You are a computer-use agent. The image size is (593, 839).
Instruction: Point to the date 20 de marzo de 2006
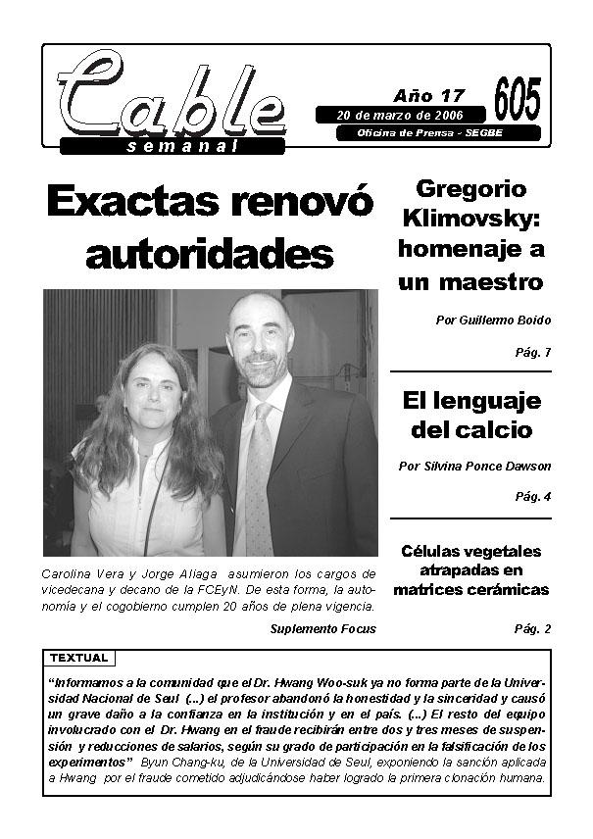pyautogui.click(x=393, y=116)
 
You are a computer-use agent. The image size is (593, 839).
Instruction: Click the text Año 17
pyautogui.click(x=428, y=96)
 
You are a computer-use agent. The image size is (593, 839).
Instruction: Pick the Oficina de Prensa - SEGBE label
pyautogui.click(x=436, y=133)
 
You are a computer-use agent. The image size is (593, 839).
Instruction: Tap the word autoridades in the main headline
pyautogui.click(x=210, y=253)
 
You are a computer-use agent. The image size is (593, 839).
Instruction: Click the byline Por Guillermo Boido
pyautogui.click(x=492, y=321)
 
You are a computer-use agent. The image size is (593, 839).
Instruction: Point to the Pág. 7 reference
pyautogui.click(x=532, y=352)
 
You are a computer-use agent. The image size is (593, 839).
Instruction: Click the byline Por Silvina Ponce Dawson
pyautogui.click(x=474, y=467)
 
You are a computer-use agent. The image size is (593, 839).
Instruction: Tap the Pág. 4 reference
pyautogui.click(x=532, y=497)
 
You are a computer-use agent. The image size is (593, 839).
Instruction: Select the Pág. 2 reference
pyautogui.click(x=532, y=629)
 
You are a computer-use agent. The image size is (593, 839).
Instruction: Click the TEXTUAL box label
pyautogui.click(x=79, y=658)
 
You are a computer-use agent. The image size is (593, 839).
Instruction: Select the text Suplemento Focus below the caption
pyautogui.click(x=322, y=628)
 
